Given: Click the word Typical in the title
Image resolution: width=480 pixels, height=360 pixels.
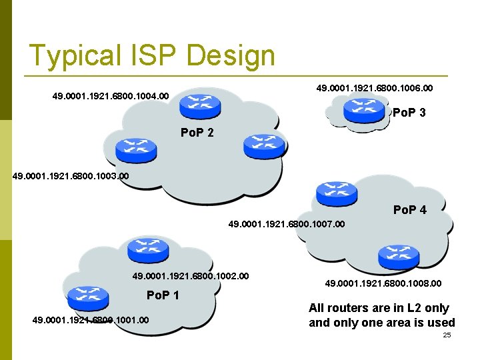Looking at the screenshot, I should pyautogui.click(x=69, y=56).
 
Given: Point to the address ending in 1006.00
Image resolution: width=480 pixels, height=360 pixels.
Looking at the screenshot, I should pyautogui.click(x=374, y=87).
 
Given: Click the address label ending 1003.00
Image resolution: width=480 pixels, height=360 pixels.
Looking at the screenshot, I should pyautogui.click(x=71, y=177).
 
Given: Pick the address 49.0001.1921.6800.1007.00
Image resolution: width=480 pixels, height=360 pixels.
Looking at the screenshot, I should pyautogui.click(x=287, y=225).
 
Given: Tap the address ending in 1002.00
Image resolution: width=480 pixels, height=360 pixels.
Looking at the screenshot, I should pyautogui.click(x=191, y=275).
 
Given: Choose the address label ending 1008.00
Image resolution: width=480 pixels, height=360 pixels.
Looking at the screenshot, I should pyautogui.click(x=383, y=283).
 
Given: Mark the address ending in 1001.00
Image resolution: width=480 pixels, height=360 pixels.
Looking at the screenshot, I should pyautogui.click(x=90, y=321).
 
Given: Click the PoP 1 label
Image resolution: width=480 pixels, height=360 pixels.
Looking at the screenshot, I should pyautogui.click(x=163, y=295).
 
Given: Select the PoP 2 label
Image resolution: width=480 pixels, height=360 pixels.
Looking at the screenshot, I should pyautogui.click(x=197, y=133).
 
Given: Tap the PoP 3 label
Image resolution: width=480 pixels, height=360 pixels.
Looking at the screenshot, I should pyautogui.click(x=409, y=113).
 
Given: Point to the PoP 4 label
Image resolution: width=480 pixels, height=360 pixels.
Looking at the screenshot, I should pyautogui.click(x=409, y=210).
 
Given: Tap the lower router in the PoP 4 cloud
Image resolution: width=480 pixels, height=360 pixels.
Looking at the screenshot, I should pyautogui.click(x=397, y=256).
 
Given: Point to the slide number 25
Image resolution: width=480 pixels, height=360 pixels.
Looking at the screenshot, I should pyautogui.click(x=447, y=335).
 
